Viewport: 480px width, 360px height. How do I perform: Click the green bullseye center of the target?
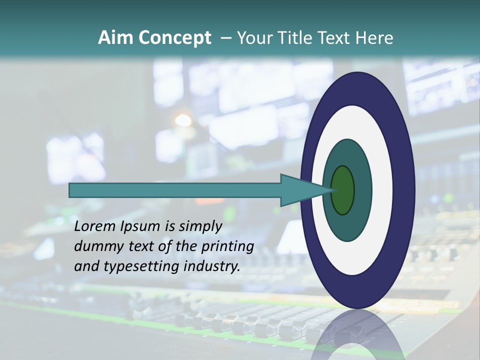(343, 190)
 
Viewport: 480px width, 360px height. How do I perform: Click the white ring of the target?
(382, 190)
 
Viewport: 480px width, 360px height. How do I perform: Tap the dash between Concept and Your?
(225, 38)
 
